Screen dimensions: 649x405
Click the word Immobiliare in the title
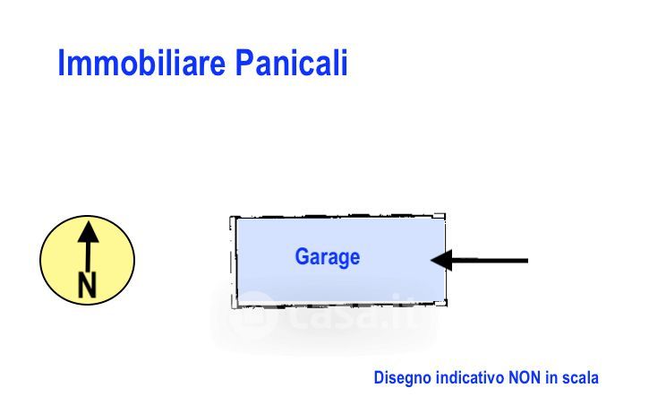(x=141, y=63)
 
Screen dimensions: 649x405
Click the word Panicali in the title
(x=292, y=63)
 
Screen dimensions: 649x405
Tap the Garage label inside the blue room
(x=328, y=257)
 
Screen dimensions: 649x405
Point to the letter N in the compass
(x=87, y=285)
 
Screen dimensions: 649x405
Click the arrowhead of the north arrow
(x=88, y=232)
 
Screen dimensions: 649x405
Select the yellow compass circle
(x=88, y=260)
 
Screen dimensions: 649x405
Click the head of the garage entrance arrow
(x=441, y=261)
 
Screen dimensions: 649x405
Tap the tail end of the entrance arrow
(x=528, y=261)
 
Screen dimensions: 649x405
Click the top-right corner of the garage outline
(x=445, y=215)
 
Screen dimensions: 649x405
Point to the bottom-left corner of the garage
(x=233, y=307)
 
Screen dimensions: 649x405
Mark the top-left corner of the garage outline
(x=231, y=217)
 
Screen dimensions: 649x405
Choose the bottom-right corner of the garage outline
(x=447, y=306)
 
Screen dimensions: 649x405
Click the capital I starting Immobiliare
(x=61, y=63)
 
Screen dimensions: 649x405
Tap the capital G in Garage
(x=303, y=256)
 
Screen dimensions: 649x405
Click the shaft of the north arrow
(x=88, y=256)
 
